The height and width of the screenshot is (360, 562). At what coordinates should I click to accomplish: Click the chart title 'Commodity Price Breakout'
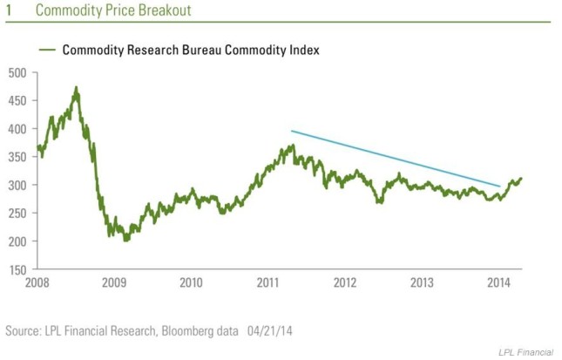113,10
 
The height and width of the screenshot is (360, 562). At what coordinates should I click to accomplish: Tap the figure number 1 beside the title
9,10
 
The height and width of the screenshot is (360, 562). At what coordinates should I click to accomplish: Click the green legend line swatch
47,50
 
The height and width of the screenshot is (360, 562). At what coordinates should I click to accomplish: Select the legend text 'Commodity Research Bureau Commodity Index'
191,50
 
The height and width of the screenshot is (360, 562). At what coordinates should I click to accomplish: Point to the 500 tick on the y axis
17,73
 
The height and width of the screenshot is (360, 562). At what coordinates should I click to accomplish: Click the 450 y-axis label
17,101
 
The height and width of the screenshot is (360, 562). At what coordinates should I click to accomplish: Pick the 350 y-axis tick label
17,157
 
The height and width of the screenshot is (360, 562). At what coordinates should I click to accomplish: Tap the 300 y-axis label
17,185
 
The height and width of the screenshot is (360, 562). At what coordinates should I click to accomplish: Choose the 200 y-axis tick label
17,241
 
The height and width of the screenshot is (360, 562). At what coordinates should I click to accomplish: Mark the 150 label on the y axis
17,269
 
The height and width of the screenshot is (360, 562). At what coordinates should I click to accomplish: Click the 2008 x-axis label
37,283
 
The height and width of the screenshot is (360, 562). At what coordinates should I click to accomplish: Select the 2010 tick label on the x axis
191,283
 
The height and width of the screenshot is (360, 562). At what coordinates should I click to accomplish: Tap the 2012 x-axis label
345,283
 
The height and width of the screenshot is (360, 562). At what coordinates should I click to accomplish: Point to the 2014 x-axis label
498,283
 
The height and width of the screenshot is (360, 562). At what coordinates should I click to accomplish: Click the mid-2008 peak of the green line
76,87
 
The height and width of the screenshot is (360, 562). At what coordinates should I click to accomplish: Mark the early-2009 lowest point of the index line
125,241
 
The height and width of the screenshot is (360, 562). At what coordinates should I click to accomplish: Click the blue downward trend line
396,159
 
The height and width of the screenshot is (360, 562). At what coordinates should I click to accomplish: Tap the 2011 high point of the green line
294,145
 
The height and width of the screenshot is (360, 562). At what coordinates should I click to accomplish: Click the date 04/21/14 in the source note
269,330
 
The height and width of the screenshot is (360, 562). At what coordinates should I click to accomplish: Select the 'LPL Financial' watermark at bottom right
525,352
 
